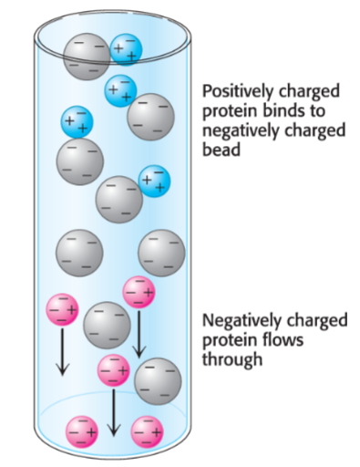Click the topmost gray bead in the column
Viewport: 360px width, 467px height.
click(x=87, y=56)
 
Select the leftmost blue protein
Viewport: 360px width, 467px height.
click(x=77, y=122)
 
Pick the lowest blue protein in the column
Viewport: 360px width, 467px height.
click(x=153, y=180)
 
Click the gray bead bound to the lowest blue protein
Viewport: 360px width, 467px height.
click(x=119, y=197)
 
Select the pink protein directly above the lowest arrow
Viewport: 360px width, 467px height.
click(x=113, y=370)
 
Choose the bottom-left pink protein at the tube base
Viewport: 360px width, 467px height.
click(x=80, y=429)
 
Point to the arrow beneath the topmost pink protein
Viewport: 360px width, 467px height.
click(x=139, y=333)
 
